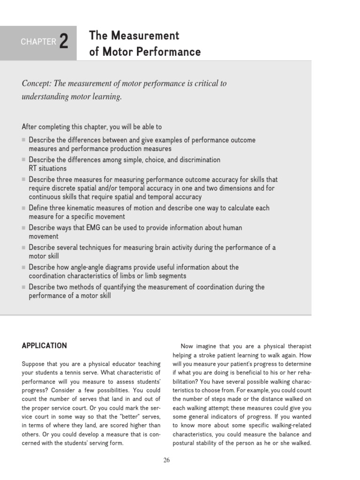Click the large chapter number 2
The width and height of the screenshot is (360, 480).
click(64, 42)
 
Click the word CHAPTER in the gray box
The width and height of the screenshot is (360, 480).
click(38, 42)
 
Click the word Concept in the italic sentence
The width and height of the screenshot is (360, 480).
click(37, 83)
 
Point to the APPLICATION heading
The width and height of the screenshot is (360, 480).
click(45, 346)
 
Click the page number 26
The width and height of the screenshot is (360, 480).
click(166, 460)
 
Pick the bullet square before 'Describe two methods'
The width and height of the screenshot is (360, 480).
click(24, 287)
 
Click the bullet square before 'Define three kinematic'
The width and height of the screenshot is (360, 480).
click(24, 208)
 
